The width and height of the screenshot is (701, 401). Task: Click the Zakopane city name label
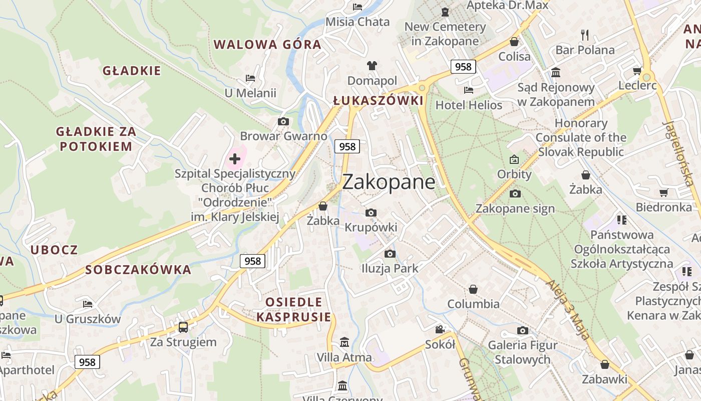pos(389,181)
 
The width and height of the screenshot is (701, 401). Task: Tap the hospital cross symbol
pos(235,159)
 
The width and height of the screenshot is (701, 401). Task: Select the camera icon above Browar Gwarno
pos(283,121)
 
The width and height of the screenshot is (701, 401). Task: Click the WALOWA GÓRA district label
pos(267,44)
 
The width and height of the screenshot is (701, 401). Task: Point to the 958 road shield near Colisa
pos(463,66)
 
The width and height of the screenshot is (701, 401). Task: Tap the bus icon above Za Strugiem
pos(183,327)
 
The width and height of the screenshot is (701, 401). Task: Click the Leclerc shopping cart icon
pos(637,71)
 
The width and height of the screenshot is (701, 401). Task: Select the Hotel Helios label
pos(469,105)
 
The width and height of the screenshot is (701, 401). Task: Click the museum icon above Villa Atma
pos(344,342)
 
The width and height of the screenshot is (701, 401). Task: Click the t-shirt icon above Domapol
pos(372,65)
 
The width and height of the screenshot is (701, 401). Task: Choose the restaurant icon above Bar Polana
pos(584,35)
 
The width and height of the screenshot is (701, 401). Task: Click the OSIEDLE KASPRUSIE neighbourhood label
pos(294,309)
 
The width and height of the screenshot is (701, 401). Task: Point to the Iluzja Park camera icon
pos(390,254)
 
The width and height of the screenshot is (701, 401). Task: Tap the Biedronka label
pos(663,207)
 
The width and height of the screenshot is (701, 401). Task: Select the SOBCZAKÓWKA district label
pos(138,270)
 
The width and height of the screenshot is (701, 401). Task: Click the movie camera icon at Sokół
pos(440,329)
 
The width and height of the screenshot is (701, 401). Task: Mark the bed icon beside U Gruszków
pos(88,304)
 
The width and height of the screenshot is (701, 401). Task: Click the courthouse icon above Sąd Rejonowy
pos(555,73)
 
